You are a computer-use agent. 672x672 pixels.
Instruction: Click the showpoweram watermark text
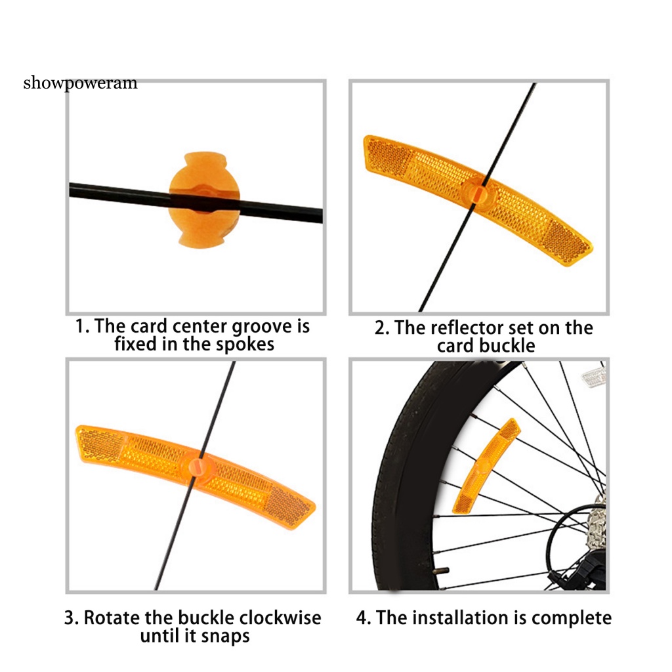(x=80, y=83)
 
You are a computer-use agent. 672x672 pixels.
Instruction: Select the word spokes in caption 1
(x=243, y=344)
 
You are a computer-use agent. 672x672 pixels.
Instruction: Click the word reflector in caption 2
(x=447, y=328)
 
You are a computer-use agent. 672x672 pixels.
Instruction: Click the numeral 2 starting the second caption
(x=380, y=328)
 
